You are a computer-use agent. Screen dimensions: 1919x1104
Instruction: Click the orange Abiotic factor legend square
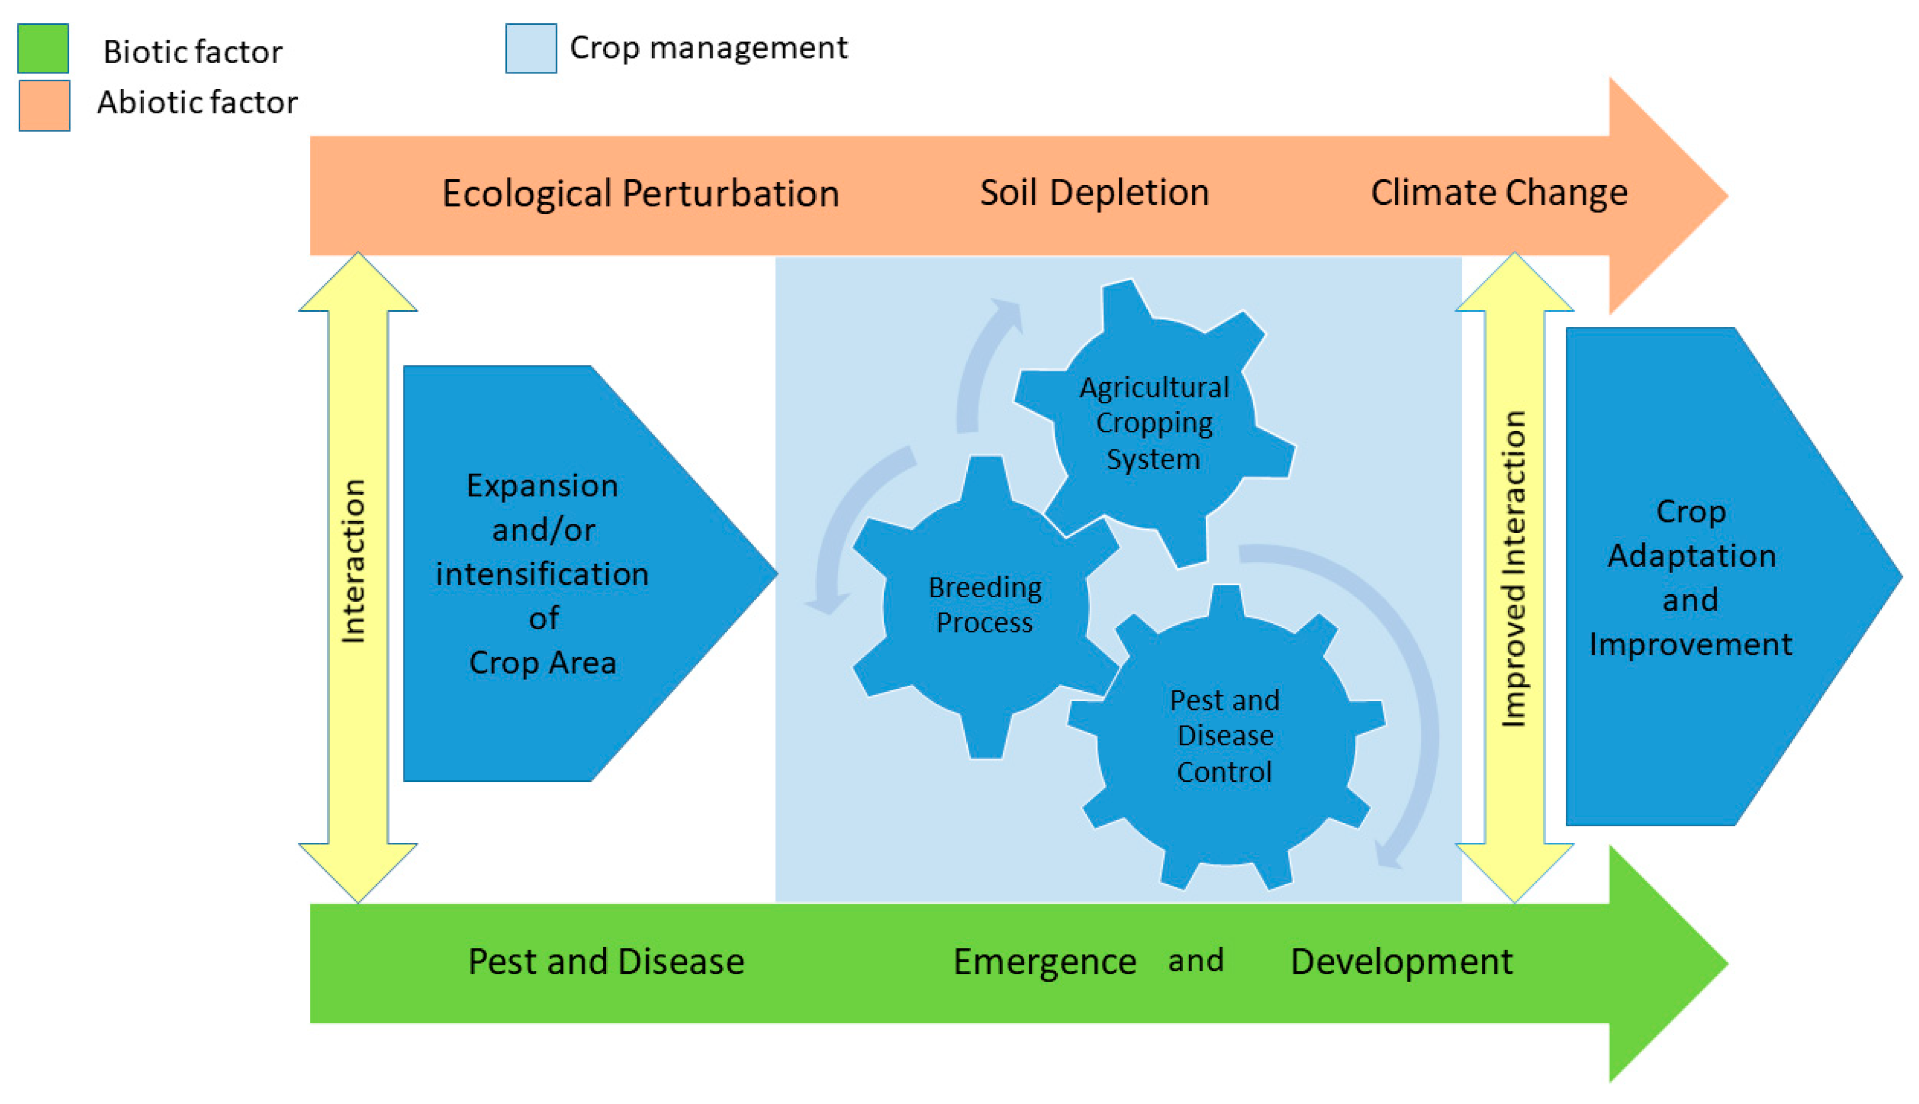44,105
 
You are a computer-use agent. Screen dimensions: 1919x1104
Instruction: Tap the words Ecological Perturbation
640,193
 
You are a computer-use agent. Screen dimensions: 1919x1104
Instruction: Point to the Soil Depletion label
1094,192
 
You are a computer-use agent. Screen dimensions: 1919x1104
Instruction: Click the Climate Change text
1499,192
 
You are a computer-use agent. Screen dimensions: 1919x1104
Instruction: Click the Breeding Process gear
985,606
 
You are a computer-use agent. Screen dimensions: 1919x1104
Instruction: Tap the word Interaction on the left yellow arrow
353,561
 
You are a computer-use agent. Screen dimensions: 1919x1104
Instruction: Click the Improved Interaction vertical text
1514,569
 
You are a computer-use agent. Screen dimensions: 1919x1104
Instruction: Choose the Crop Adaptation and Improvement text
1691,578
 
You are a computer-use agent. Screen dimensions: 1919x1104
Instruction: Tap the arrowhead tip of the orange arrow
1728,195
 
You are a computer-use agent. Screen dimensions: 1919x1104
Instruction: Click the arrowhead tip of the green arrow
1728,964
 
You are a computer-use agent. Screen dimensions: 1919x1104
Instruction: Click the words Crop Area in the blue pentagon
542,663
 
